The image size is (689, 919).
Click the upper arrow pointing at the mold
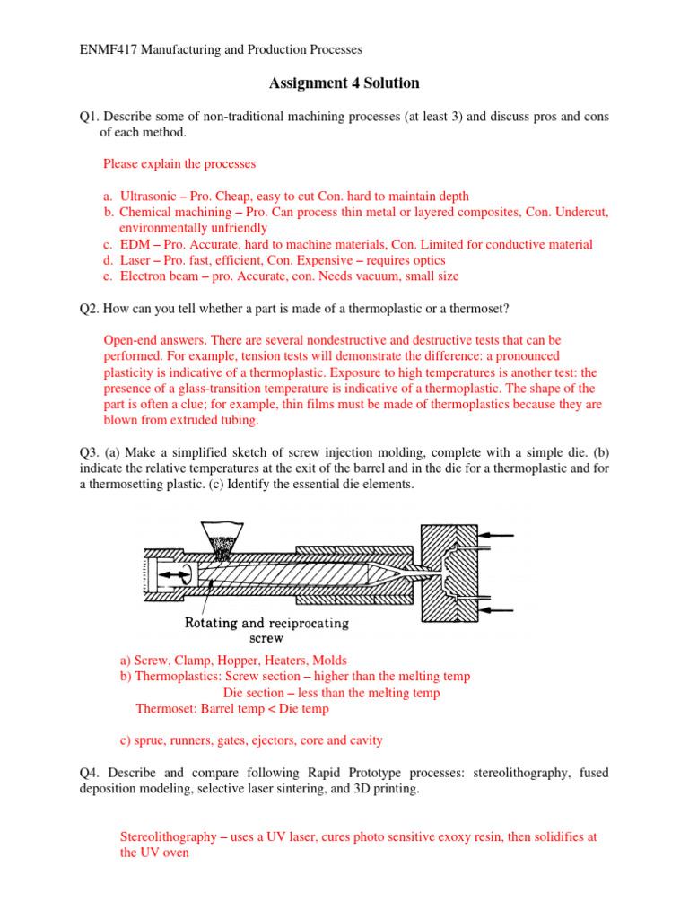(499, 536)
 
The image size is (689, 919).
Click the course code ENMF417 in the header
(104, 50)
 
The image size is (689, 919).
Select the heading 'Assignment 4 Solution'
(344, 83)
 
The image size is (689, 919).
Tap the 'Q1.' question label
(92, 116)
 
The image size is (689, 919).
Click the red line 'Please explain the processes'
(179, 164)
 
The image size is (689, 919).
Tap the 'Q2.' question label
(92, 309)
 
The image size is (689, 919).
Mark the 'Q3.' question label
(92, 452)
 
